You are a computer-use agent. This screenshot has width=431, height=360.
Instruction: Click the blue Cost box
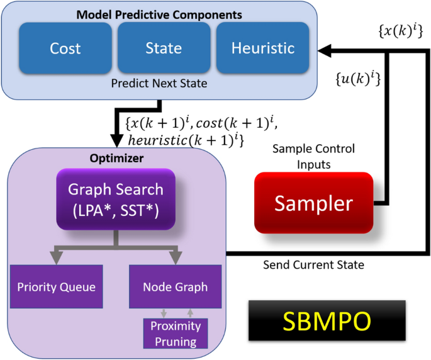pos(65,48)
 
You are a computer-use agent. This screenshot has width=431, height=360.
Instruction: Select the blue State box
pos(164,48)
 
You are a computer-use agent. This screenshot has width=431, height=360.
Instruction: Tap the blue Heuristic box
pos(262,48)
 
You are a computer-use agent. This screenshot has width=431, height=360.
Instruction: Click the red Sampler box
pos(313,203)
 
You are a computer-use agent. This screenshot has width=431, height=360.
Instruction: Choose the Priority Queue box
pos(57,287)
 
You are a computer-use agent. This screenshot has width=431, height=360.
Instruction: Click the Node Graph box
pos(175,287)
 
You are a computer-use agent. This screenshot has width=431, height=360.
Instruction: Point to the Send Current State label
pos(313,264)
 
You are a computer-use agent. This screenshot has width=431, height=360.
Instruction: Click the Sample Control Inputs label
pos(313,156)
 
